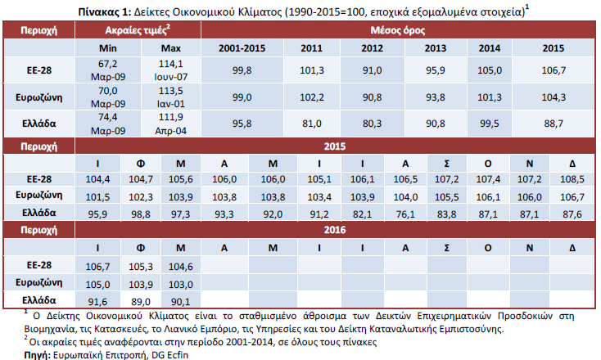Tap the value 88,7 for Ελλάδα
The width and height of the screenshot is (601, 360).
point(553,124)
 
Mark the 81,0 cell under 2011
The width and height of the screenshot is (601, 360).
point(311,124)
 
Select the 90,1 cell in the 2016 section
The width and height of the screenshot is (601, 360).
point(179,300)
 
